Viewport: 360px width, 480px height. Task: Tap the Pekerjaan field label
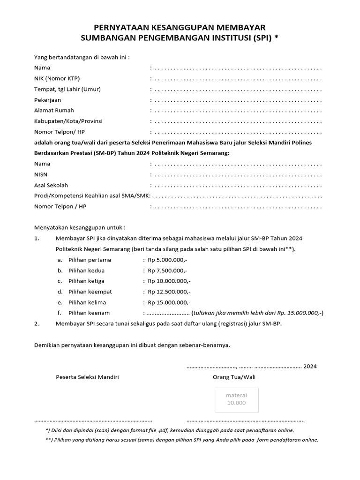(47, 100)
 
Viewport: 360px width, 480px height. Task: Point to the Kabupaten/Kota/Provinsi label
(68, 121)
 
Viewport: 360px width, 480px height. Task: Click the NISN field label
(41, 174)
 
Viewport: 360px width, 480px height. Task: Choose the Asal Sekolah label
(51, 185)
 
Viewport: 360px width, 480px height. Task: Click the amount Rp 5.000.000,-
(167, 260)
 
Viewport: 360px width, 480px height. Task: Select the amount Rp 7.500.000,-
(167, 270)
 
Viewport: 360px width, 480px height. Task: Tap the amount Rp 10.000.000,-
(169, 281)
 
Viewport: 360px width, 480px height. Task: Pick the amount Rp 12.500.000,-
(169, 292)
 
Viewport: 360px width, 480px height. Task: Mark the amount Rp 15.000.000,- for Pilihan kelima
(169, 302)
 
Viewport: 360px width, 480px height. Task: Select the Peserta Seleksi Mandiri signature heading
(87, 377)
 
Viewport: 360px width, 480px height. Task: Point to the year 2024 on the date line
(310, 366)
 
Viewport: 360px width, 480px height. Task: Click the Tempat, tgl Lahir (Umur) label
(67, 89)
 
